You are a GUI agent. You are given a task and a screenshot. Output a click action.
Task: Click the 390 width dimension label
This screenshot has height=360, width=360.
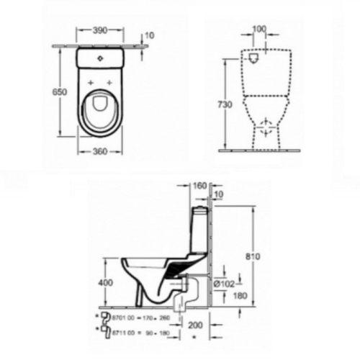tap(100, 32)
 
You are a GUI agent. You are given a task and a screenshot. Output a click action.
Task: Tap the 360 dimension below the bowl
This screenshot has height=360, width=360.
tap(99, 150)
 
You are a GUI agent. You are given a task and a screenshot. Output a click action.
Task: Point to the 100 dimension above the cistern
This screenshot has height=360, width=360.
tap(258, 30)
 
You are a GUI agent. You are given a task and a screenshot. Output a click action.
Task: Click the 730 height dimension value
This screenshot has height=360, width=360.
tap(225, 105)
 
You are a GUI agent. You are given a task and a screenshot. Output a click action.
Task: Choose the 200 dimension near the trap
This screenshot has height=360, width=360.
tap(195, 325)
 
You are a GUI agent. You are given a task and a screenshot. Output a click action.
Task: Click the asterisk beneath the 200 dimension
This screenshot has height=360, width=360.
tap(194, 336)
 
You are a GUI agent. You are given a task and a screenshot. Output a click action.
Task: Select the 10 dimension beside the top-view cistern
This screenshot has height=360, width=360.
tap(149, 35)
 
